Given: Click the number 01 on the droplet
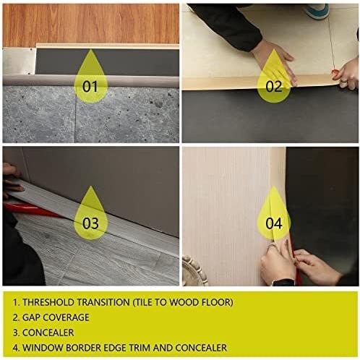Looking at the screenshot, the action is click(90, 86).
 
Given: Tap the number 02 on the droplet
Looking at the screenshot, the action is click(274, 86).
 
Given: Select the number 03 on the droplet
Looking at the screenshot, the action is click(90, 223).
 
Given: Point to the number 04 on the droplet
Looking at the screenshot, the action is click(274, 223).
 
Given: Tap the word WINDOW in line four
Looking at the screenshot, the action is click(43, 348).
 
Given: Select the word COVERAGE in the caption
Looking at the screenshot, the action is click(66, 317).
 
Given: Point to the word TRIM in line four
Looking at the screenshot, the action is click(140, 348).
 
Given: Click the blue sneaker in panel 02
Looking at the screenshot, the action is click(317, 12).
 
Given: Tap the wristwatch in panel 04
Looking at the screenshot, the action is click(283, 282).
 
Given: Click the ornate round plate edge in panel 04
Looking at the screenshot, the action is click(193, 271).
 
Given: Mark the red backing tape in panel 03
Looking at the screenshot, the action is click(31, 210).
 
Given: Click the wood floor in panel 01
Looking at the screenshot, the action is click(91, 24).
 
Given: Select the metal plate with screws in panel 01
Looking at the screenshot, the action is click(19, 61).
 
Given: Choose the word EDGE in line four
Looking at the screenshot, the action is click(115, 348).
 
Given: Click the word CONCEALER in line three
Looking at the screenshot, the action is click(48, 333).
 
